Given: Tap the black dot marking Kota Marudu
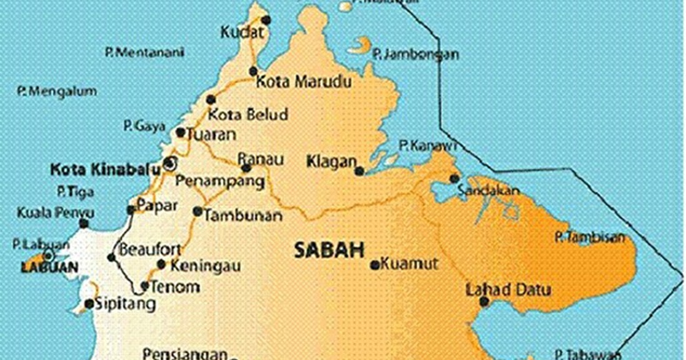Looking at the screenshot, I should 253,71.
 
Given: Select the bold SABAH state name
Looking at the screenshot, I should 328,251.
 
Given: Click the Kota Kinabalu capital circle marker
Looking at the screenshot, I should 169,163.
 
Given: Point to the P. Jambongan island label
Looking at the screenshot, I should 416,55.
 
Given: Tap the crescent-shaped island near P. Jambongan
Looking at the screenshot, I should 361,45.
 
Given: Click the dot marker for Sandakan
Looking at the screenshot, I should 455,179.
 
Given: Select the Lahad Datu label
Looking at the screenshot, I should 508,290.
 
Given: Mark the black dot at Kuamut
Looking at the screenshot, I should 375,265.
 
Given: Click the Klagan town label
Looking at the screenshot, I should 331,161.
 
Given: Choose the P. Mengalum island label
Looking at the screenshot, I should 58,92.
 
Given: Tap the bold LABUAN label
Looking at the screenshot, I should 49,268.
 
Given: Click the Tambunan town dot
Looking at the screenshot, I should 198,211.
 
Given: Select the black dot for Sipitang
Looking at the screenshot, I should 89,304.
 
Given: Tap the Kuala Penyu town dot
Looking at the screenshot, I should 84,223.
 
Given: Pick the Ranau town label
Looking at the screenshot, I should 260,159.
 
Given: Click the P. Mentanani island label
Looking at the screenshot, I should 144,52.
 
